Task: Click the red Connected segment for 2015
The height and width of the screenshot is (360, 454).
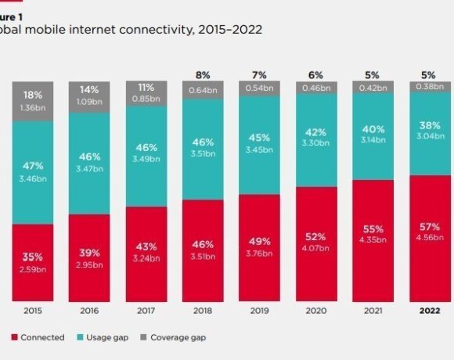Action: coord(32,263)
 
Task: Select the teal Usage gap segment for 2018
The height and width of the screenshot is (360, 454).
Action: coord(202,149)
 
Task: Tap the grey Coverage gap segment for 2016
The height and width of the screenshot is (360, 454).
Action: coord(89,96)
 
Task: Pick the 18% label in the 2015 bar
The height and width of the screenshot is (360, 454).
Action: coord(32,94)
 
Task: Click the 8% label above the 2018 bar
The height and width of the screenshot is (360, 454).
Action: coord(202,76)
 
